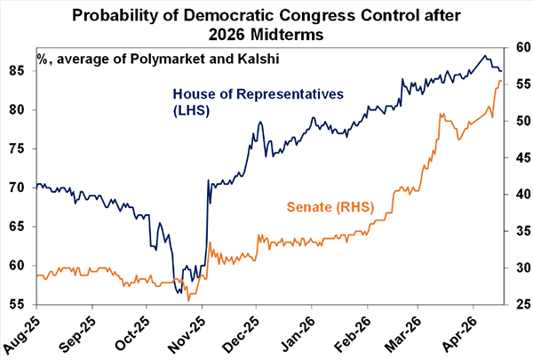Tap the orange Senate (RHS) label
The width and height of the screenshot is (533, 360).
(330, 207)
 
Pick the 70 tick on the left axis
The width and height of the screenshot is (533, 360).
(23, 188)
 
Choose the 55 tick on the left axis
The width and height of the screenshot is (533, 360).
(23, 304)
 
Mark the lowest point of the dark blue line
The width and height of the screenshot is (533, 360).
(179, 292)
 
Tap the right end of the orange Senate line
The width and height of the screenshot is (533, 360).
(501, 81)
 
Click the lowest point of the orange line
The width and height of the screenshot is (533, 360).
(188, 300)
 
